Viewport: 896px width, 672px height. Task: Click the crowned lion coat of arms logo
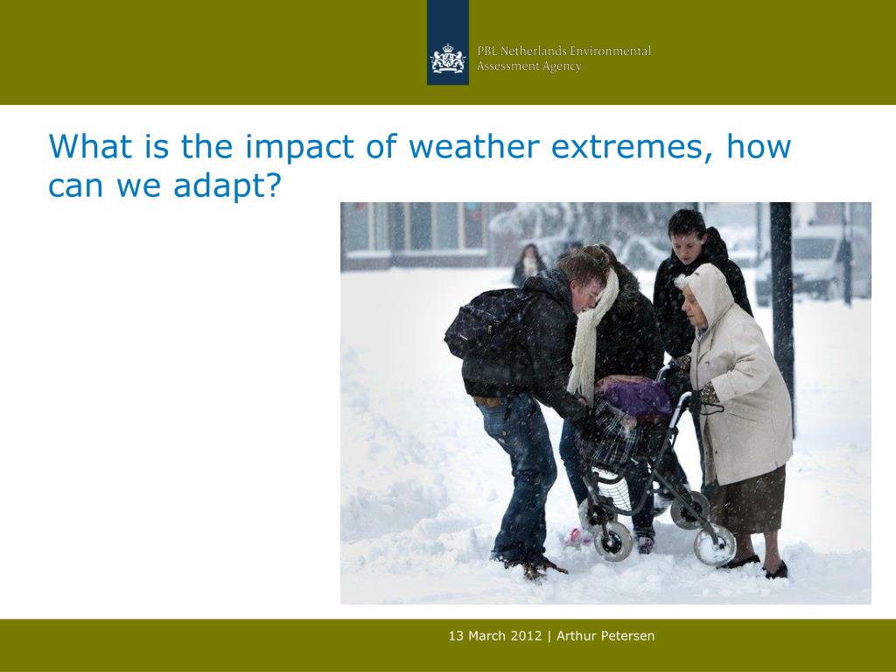(x=447, y=59)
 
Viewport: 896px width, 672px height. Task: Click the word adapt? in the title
(x=227, y=185)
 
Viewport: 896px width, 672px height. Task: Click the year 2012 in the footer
(x=526, y=636)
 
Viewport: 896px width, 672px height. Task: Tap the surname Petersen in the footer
(x=630, y=636)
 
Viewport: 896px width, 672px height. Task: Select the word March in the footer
(x=487, y=636)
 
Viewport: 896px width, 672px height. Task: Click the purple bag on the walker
(x=634, y=396)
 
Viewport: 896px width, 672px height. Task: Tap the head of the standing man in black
(x=688, y=230)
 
